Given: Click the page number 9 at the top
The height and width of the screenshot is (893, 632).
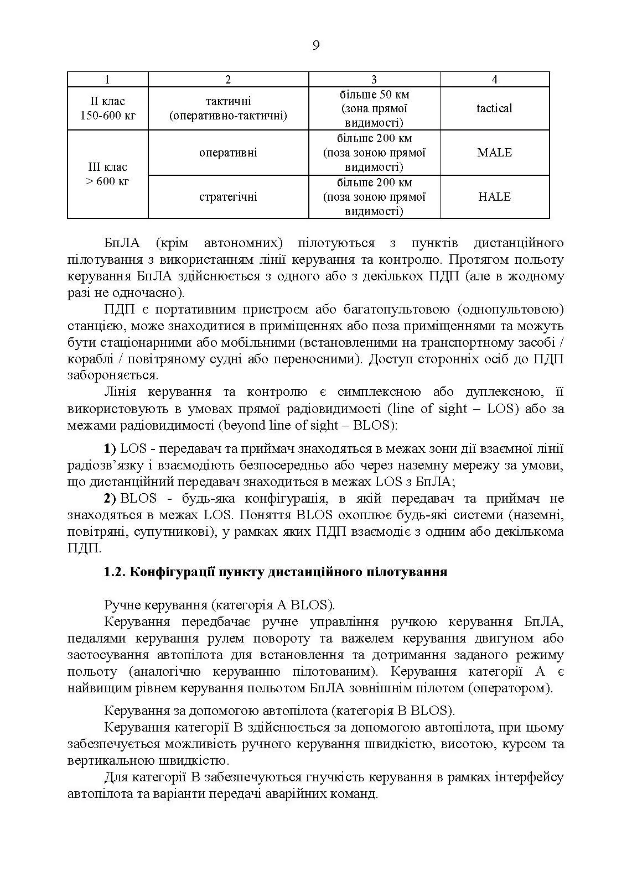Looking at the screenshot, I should [315, 45].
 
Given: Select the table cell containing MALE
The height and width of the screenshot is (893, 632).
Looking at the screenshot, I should [494, 153].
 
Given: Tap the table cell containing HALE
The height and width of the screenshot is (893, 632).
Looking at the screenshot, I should [494, 197].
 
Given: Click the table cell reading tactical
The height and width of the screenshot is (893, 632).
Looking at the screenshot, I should [494, 108].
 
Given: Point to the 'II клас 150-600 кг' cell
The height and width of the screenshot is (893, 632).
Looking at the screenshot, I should [108, 108].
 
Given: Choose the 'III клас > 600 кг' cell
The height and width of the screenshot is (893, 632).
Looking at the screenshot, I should [108, 174].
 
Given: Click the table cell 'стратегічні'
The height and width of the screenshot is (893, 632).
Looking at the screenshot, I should [228, 197].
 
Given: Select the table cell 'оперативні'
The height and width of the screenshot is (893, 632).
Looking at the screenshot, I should [228, 153].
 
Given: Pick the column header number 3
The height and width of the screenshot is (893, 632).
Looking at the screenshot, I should [374, 80].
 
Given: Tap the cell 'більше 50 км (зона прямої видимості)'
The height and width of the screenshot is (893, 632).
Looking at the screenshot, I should [374, 108].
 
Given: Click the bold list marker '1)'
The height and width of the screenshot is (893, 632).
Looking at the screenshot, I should [110, 448].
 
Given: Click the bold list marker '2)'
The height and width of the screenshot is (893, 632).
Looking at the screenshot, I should [110, 498].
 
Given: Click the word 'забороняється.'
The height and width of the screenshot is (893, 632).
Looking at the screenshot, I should [113, 375].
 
